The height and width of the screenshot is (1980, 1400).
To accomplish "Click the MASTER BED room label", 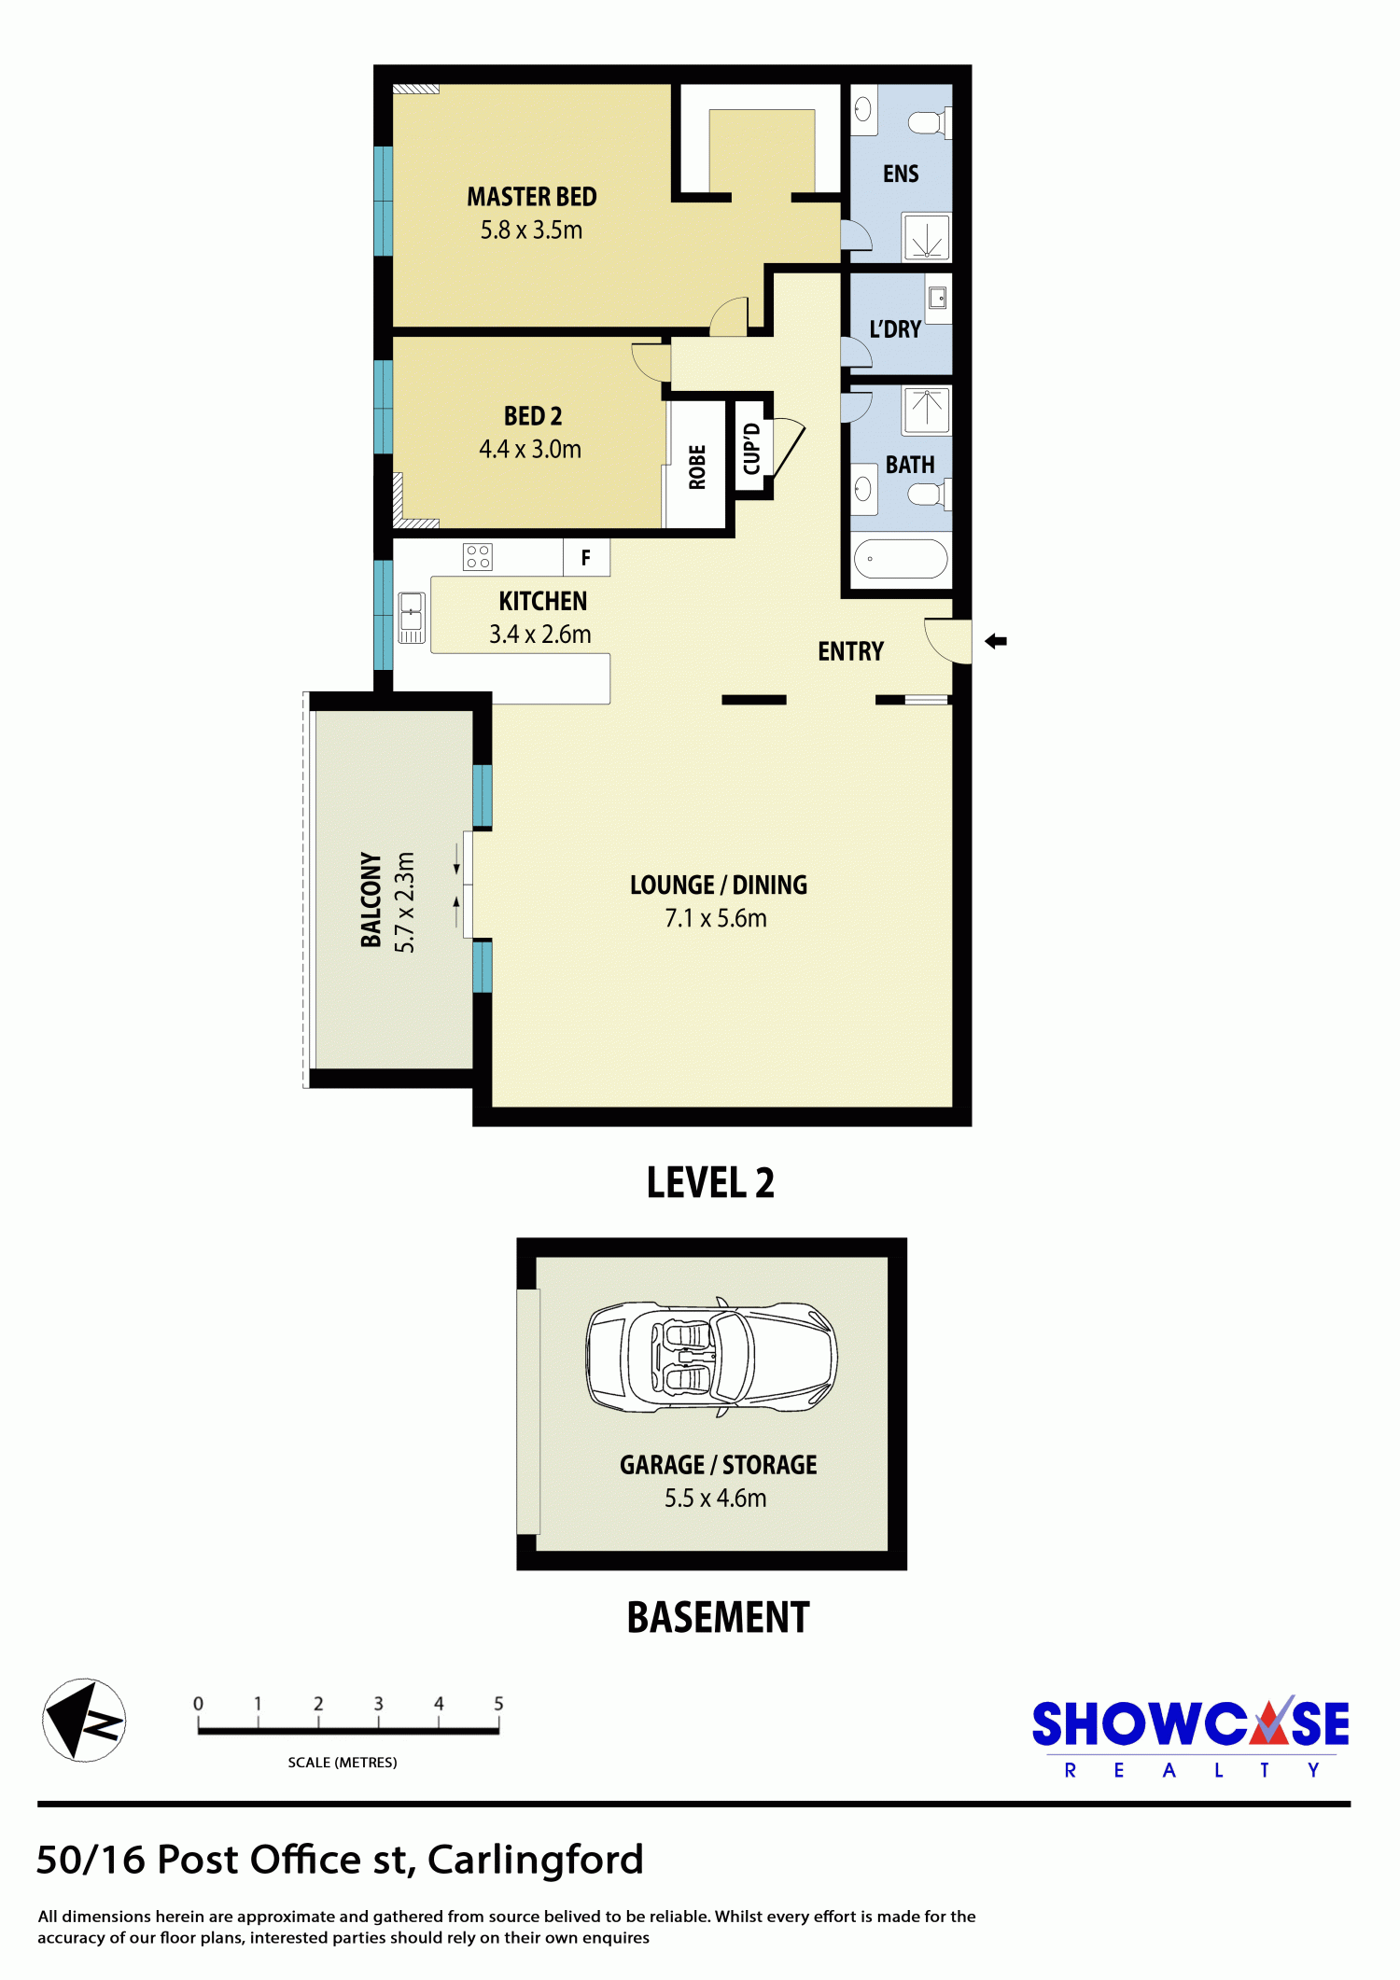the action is pos(532,197).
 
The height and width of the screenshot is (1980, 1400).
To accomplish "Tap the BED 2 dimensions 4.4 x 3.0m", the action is pos(530,449).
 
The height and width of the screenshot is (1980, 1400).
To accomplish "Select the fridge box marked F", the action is pos(586,557).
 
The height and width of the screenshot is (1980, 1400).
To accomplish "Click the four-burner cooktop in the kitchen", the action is pos(478,557).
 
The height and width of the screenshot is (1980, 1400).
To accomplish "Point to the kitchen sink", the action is pos(412,618).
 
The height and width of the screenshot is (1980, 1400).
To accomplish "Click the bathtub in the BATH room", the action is pos(901,559).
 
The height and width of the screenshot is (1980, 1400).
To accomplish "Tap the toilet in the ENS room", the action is pos(930,122).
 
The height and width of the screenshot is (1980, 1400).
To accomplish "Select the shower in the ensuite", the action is pos(926,237).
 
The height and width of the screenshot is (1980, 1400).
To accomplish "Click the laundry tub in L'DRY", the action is pos(938,299).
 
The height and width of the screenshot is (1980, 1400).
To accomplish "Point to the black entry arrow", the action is pos(996,641).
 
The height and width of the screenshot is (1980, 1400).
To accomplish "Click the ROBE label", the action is pos(697,467).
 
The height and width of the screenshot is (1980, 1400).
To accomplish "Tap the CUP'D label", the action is pos(751,449).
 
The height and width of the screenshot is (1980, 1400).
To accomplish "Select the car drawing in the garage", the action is pos(712,1356).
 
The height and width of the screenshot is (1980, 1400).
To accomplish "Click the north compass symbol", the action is pos(84,1720).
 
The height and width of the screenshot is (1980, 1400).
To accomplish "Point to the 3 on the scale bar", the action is pos(378,1703).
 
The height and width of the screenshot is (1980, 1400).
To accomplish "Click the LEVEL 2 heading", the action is pos(710,1182).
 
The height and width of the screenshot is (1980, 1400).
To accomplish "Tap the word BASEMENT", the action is pos(718,1617).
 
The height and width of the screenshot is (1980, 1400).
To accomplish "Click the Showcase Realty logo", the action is pos(1191,1736).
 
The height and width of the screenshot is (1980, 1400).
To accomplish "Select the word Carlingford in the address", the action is pos(536,1860).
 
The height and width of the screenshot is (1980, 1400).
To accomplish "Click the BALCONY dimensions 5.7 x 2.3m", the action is pos(404,902).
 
